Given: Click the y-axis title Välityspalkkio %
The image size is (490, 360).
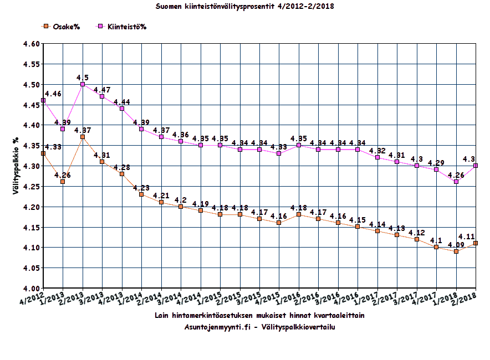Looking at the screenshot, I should (17, 166).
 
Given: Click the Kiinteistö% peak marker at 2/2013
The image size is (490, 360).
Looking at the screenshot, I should (83, 84).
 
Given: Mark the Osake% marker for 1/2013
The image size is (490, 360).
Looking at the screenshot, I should (63, 182).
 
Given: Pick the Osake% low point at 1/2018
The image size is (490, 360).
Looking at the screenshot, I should (456, 251).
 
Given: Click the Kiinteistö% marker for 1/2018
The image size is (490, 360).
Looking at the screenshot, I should (456, 182).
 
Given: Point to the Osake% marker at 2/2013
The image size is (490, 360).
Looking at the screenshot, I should (83, 137).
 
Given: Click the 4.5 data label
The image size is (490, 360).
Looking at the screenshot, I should (83, 77).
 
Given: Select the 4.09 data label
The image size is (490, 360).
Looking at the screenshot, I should (456, 244).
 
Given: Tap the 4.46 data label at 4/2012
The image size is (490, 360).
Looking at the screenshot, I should (53, 94).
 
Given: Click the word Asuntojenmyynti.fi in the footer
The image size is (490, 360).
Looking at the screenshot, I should (218, 326).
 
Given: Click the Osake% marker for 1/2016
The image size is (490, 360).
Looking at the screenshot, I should (299, 214).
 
